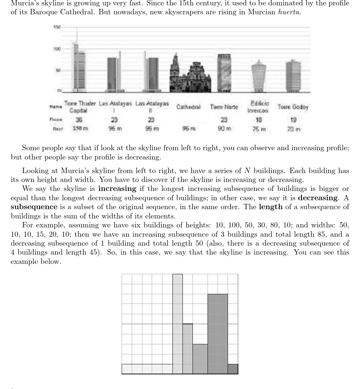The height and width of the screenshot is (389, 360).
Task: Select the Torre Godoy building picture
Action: click(x=293, y=77)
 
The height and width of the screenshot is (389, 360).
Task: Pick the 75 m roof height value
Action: click(x=258, y=129)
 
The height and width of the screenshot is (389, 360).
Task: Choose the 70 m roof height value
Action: click(x=293, y=129)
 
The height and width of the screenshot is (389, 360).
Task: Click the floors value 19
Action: click(x=293, y=120)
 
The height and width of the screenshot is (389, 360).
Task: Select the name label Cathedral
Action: click(x=188, y=107)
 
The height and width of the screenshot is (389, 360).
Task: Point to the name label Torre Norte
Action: click(x=224, y=107)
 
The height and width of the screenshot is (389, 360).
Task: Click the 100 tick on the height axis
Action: click(x=57, y=49)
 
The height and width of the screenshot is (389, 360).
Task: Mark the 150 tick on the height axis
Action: click(x=57, y=27)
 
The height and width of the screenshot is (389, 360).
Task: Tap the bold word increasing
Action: click(x=117, y=188)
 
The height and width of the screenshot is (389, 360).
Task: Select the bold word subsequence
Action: click(x=34, y=207)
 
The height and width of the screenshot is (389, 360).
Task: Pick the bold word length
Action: click(x=271, y=207)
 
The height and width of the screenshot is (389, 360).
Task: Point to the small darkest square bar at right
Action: click(x=233, y=369)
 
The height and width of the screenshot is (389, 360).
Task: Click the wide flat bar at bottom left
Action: click(x=147, y=369)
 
